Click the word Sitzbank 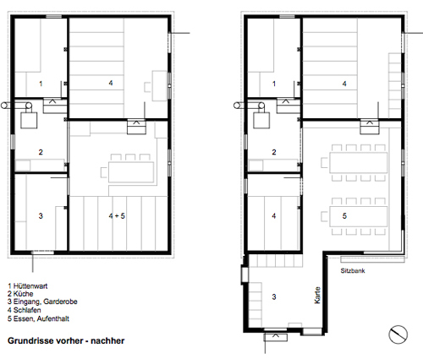tap(353, 271)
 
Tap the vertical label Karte tap(317, 295)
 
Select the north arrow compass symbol tap(398, 334)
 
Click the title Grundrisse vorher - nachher tap(66, 340)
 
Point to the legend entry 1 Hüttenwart tap(28, 286)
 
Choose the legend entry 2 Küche tap(20, 294)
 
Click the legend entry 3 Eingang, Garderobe tap(42, 302)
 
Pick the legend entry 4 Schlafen tap(25, 310)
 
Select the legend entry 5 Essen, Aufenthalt tap(38, 318)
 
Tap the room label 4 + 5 tap(117, 216)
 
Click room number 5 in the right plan tap(344, 216)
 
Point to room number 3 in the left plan tap(41, 216)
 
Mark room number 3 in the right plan tap(274, 296)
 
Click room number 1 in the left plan tap(41, 84)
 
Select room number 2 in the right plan tap(274, 152)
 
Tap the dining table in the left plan tap(131, 172)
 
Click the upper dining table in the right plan tap(358, 163)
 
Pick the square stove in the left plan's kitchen tap(29, 121)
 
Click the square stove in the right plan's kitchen tap(261, 121)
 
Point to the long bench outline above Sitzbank tap(372, 259)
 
